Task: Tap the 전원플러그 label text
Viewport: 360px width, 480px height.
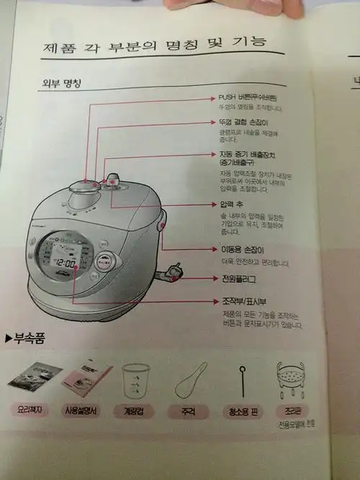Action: (238, 279)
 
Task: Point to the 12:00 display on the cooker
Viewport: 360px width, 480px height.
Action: (66, 263)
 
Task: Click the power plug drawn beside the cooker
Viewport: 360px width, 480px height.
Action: (174, 271)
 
